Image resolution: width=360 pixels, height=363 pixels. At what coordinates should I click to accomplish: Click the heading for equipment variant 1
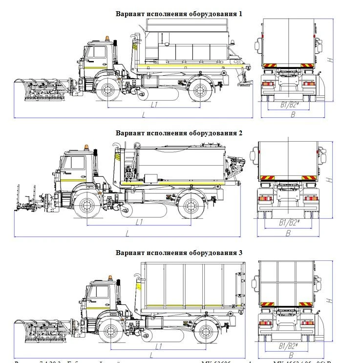179,13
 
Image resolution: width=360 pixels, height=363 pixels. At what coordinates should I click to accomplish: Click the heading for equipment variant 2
179,133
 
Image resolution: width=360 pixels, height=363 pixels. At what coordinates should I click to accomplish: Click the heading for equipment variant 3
179,253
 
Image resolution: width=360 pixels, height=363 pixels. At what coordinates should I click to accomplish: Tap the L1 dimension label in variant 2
139,222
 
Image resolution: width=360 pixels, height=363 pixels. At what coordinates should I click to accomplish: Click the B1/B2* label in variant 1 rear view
289,104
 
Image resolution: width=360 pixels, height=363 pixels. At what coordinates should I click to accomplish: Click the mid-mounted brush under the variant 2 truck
126,211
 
